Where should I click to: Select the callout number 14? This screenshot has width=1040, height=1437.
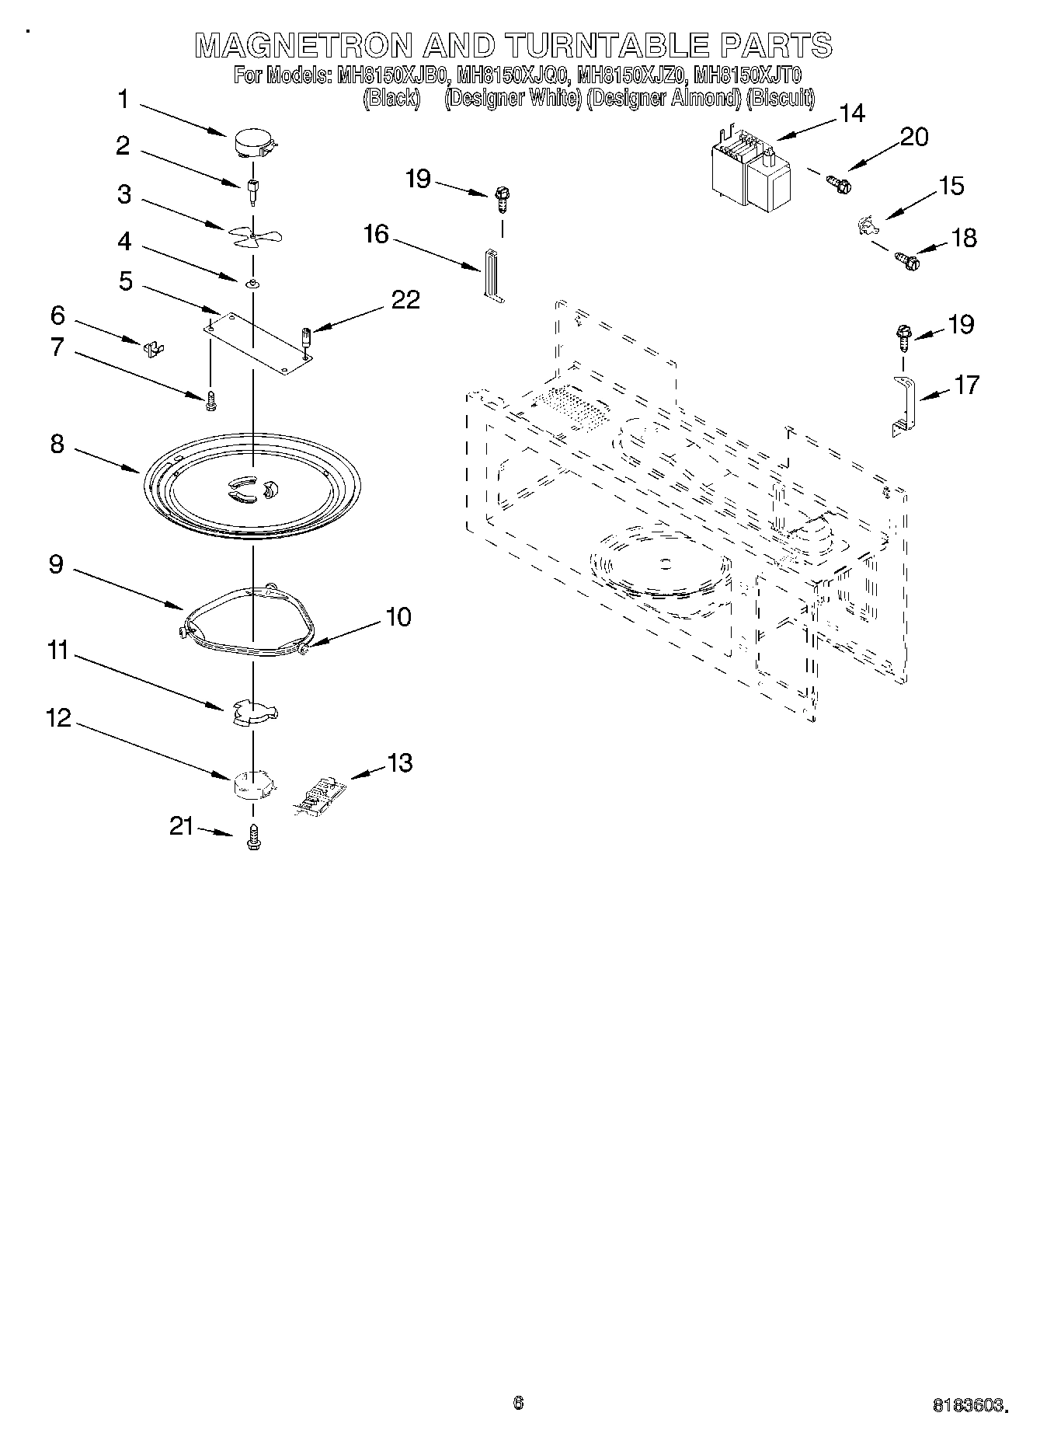pos(852,113)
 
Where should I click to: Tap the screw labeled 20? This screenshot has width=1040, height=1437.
pos(839,184)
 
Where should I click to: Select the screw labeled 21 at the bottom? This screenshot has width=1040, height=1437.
pos(252,838)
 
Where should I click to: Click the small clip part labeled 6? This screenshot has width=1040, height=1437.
pos(155,347)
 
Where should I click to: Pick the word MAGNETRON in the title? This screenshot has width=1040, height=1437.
pos(304,46)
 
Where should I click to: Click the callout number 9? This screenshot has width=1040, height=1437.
pos(57,563)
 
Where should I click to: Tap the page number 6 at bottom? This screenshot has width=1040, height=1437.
pos(518,1403)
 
